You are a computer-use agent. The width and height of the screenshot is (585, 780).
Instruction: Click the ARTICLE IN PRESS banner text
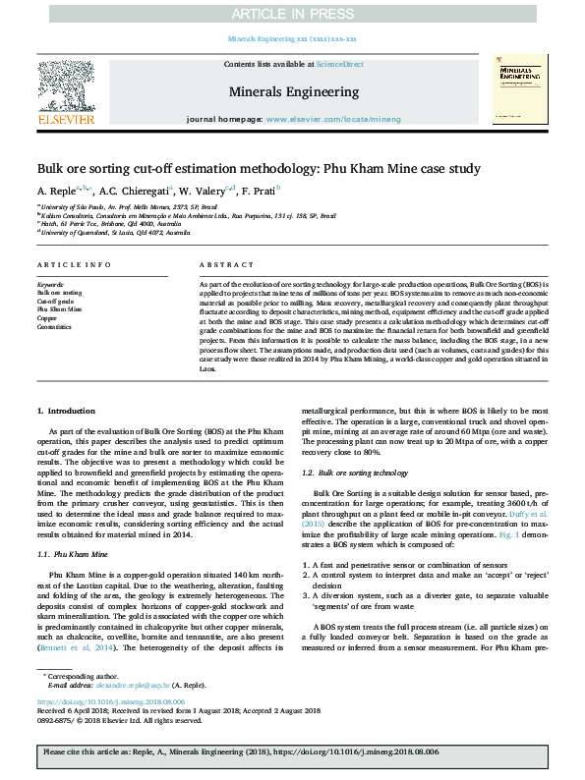tap(292, 13)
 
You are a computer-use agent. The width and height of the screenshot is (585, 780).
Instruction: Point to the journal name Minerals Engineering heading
tap(293, 91)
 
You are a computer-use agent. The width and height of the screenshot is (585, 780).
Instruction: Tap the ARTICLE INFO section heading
tap(74, 266)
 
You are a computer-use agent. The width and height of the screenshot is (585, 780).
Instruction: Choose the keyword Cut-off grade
tap(57, 301)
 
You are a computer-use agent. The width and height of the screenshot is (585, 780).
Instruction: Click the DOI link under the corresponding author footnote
tap(110, 702)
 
